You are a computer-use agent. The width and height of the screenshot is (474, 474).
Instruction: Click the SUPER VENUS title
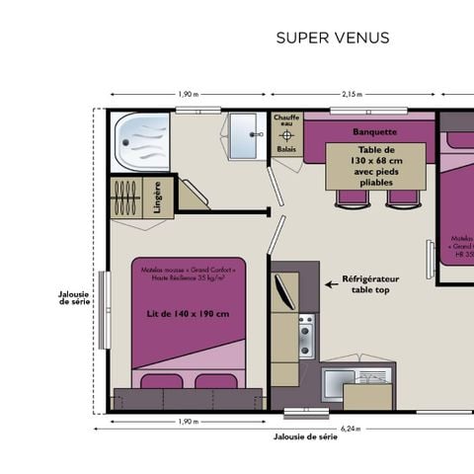pos(332,39)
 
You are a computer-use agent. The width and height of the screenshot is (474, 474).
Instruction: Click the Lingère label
pos(158,196)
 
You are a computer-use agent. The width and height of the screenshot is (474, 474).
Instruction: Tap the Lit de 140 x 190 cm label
pos(188,314)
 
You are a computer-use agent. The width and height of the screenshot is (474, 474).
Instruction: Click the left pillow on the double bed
pos(160,382)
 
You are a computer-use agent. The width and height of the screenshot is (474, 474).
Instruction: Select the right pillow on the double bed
pos(215,382)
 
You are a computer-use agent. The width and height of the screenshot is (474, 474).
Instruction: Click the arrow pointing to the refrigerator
pos(332,285)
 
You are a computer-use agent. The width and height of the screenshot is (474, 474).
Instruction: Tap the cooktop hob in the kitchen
pos(305,337)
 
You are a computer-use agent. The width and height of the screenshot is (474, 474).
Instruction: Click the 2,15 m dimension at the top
pos(352,94)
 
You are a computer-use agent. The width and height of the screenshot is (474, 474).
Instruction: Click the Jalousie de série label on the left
pos(75,297)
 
